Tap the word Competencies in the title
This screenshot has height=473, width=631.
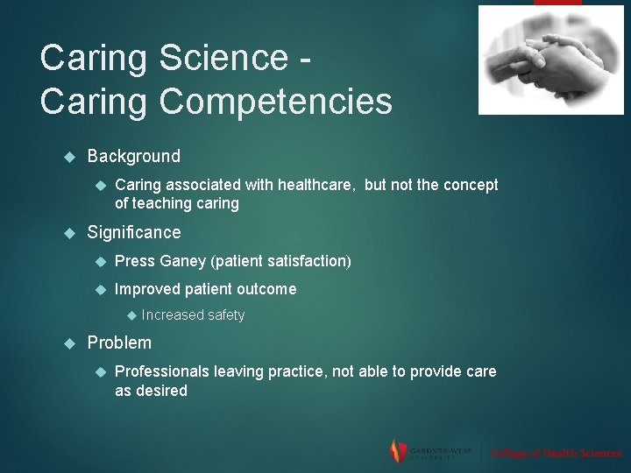click(276, 102)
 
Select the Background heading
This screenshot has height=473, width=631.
click(133, 157)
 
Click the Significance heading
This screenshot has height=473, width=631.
click(133, 233)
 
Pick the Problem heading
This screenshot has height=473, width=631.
click(119, 342)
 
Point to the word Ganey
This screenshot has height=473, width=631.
click(183, 261)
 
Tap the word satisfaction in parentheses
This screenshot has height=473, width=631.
click(306, 261)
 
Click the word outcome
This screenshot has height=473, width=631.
click(267, 289)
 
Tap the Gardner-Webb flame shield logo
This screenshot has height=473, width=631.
click(398, 451)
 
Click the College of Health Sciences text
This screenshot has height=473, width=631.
click(556, 453)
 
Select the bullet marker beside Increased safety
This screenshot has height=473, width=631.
click(129, 315)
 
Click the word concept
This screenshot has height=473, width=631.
click(469, 185)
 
